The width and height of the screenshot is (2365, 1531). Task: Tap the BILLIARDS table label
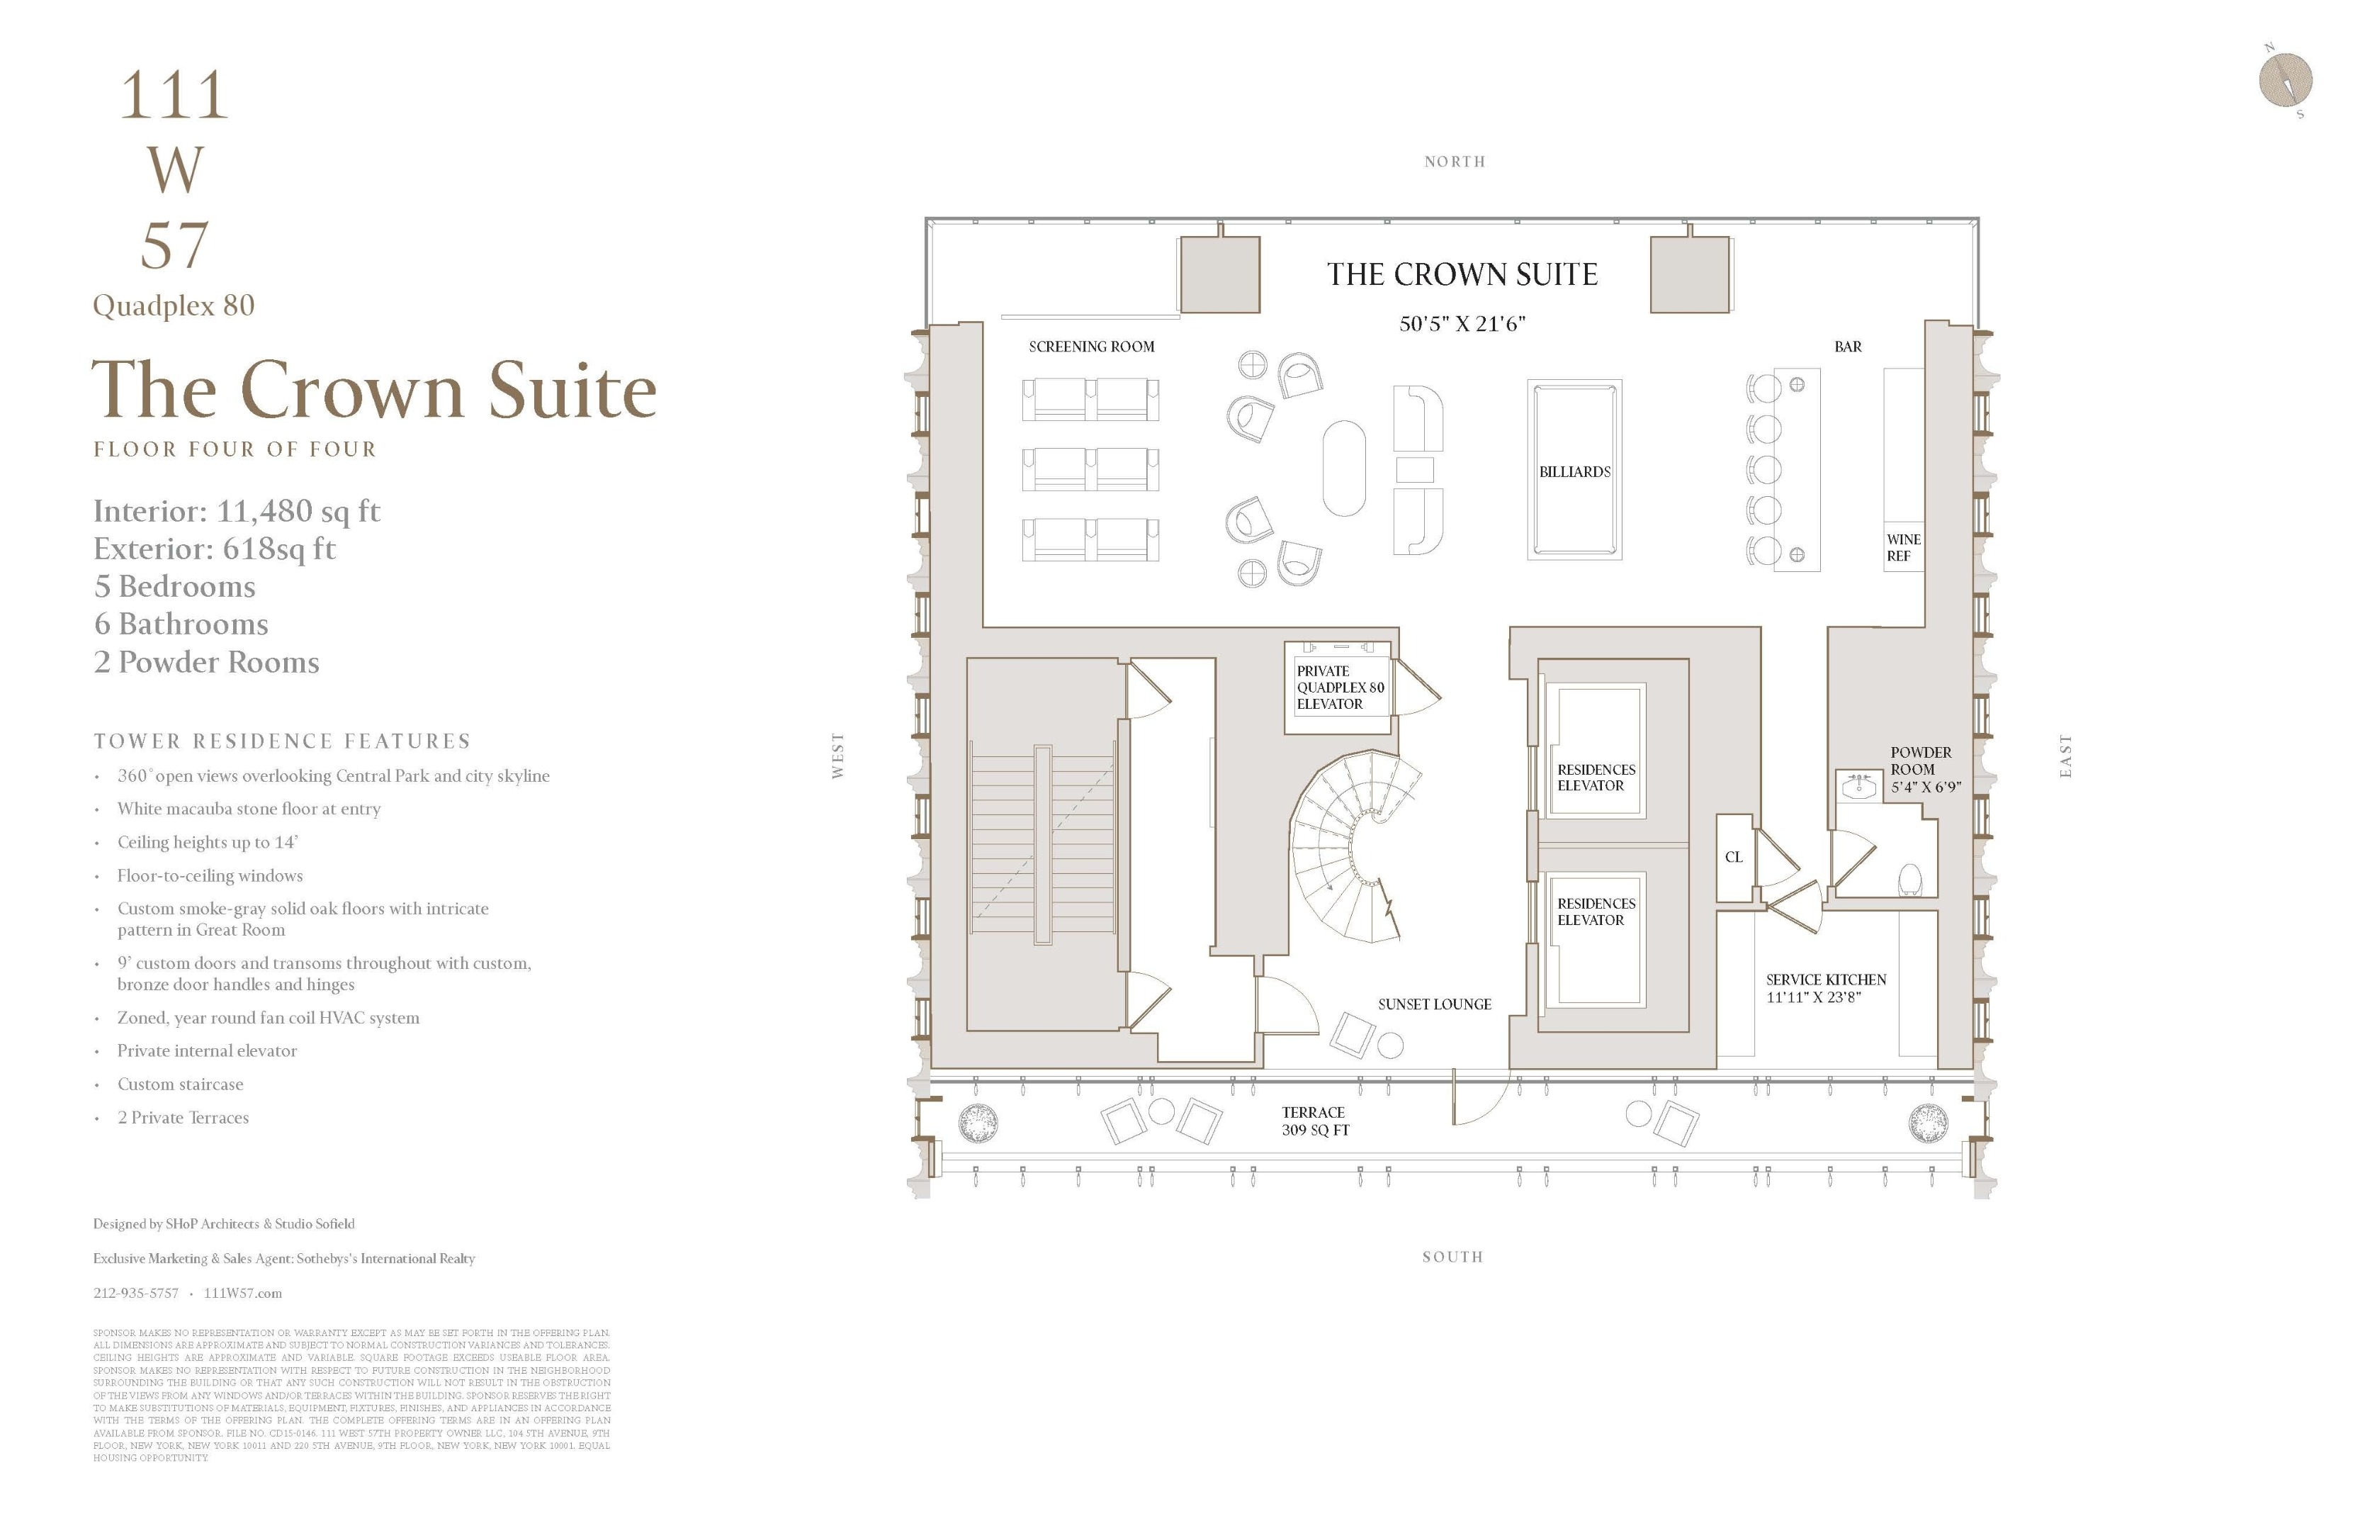coord(1574,471)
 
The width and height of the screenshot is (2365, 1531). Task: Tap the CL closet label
coord(1733,857)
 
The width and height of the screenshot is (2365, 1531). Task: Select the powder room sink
coord(1857,785)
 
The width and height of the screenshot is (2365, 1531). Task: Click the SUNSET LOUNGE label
coord(1434,1004)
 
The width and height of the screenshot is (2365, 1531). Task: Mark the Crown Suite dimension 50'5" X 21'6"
coord(1462,324)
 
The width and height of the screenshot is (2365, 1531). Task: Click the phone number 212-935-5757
coord(136,1294)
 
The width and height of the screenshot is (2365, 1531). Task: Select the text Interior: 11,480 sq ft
coord(237,511)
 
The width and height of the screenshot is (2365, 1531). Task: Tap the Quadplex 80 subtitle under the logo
coord(174,305)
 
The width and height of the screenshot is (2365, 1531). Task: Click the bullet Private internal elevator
coord(207,1051)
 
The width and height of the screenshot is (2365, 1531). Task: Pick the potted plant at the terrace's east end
coord(1928,1123)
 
